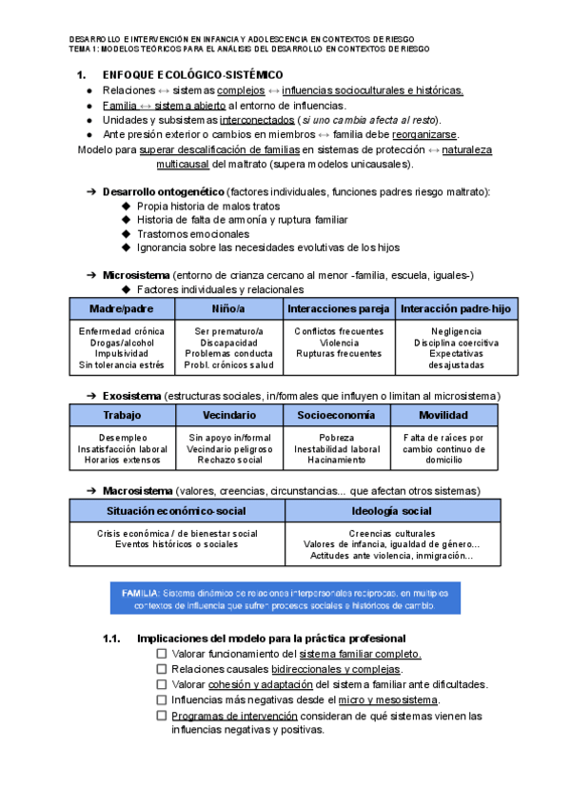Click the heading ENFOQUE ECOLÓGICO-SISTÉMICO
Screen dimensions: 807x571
tap(191, 74)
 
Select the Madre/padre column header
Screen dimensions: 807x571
tap(121, 309)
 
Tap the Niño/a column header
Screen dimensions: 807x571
tap(228, 309)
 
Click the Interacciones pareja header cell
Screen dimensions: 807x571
tap(338, 309)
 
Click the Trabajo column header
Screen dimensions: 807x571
tap(121, 416)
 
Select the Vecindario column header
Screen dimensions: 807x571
tap(228, 416)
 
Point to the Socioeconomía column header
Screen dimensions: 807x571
tap(337, 416)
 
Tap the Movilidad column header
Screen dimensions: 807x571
tap(443, 416)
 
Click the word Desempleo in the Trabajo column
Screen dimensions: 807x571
tap(121, 438)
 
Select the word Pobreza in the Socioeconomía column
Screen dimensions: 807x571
tap(337, 438)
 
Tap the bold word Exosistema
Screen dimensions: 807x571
tap(131, 395)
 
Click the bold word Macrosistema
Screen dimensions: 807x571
tap(136, 491)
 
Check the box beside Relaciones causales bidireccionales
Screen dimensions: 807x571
tap(162, 669)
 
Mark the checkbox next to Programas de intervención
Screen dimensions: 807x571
tap(162, 715)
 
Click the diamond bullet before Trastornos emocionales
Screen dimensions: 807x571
tap(128, 233)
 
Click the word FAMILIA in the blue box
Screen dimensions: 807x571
tap(139, 592)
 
